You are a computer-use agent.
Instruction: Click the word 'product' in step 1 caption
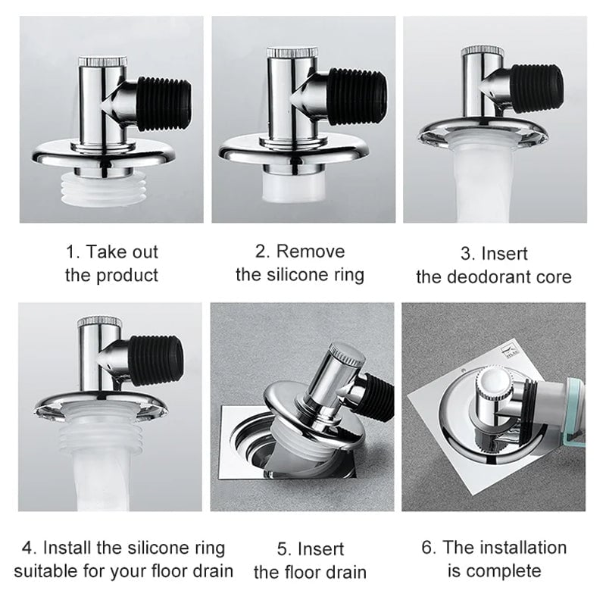(127, 275)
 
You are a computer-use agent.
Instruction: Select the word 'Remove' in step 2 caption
(310, 251)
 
